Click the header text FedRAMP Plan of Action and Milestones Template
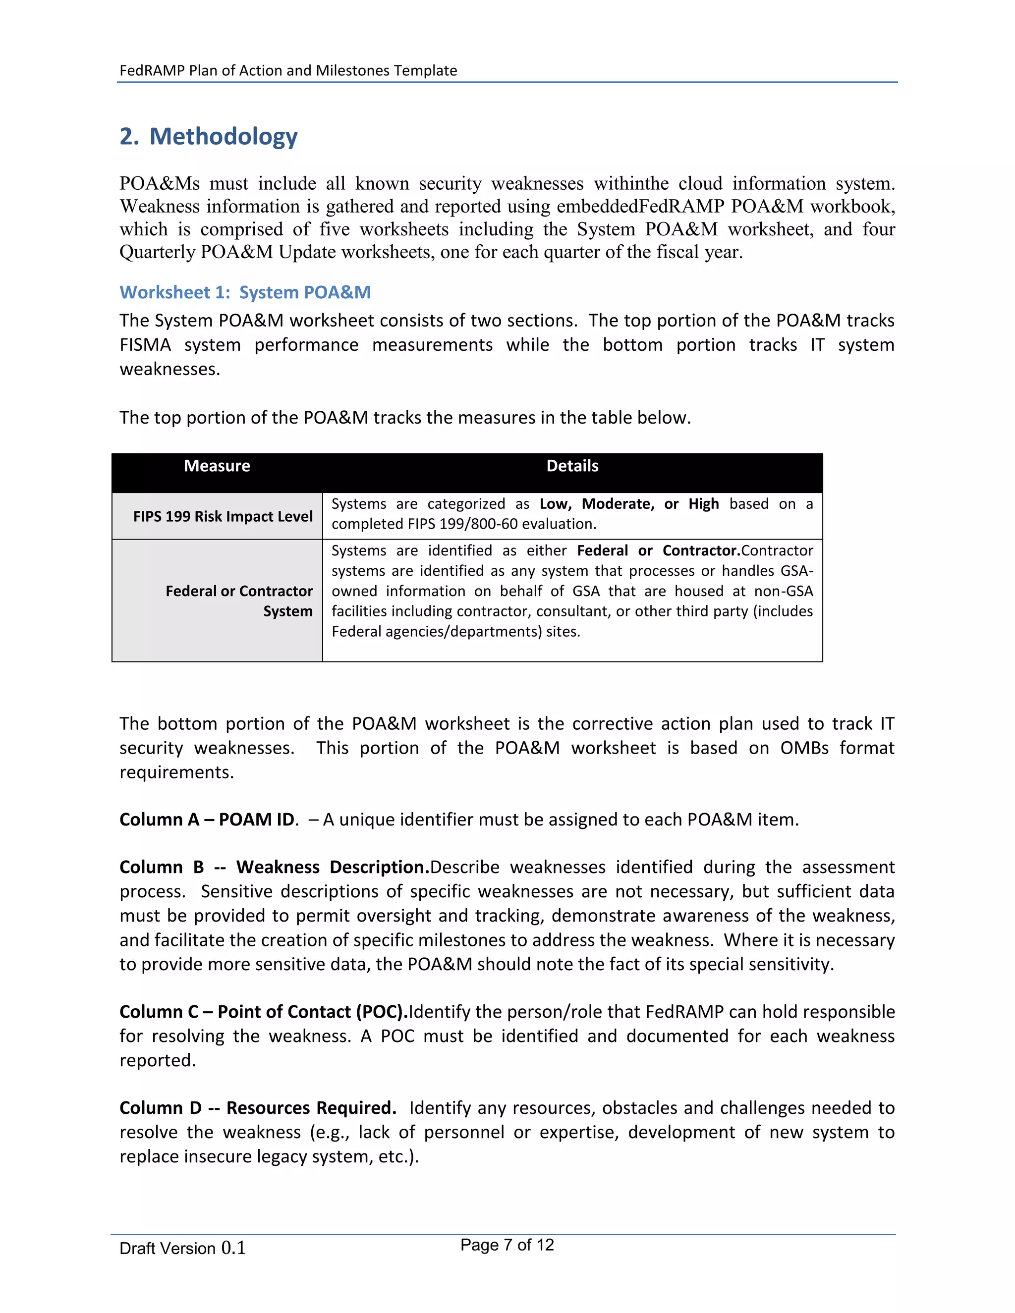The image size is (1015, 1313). click(288, 70)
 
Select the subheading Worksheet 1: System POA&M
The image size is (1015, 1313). click(245, 292)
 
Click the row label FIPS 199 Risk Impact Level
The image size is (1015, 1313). click(223, 516)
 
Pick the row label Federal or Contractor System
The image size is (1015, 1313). click(239, 601)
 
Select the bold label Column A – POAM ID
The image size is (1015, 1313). click(207, 820)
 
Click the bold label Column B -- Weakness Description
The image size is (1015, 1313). click(274, 867)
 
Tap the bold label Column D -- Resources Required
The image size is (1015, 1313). click(257, 1107)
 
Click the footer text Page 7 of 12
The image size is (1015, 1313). click(507, 1245)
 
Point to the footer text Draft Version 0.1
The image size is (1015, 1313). click(182, 1248)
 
